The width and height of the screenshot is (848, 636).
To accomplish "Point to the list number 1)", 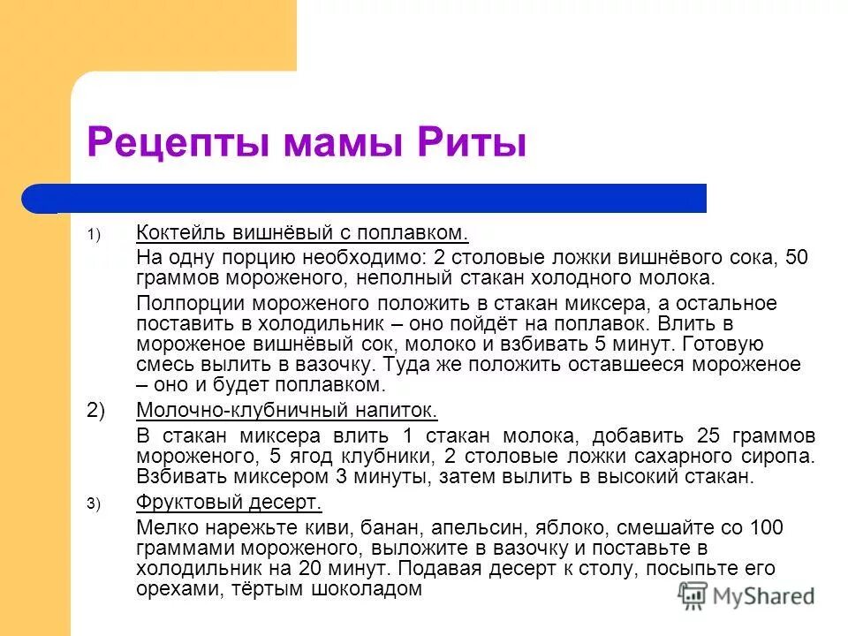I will pos(95,234).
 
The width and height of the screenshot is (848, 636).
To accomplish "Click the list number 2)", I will pos(96,411).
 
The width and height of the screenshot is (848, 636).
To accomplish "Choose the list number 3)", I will pos(95,504).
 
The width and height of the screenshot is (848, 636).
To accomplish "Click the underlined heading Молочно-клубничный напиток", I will pos(287,411).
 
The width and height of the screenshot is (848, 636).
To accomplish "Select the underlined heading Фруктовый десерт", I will pos(230,503).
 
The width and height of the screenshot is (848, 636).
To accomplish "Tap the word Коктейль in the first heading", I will pos(181,233).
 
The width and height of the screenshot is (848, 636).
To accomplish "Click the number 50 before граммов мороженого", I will pos(797,258).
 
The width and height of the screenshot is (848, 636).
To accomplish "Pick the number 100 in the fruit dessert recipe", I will pos(767,528).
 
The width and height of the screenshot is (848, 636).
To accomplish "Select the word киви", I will pos(332,528).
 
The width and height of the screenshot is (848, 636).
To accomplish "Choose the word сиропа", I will pos(780,457).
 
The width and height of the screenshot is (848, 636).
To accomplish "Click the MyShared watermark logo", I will pos(747,595).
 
